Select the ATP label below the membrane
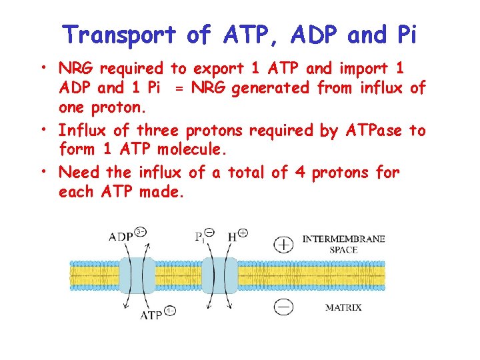[151, 315]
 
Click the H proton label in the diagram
[231, 237]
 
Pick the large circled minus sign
[284, 307]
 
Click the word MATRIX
[343, 307]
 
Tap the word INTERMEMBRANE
[344, 238]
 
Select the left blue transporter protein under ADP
[138, 275]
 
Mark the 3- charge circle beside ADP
[140, 232]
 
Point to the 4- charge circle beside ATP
[171, 311]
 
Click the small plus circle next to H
[243, 233]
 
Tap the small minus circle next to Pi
[209, 233]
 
